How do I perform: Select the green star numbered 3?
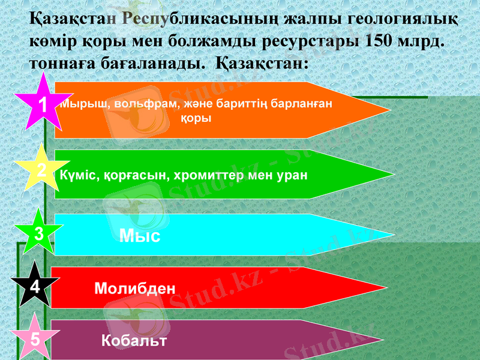[x=38, y=233]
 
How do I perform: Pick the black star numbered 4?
[x=35, y=287]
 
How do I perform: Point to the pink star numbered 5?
[x=35, y=338]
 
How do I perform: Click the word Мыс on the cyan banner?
[x=140, y=236]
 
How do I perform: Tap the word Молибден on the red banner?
[x=135, y=289]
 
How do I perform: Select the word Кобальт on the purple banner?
[x=134, y=341]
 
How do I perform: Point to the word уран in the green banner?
[x=290, y=175]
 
